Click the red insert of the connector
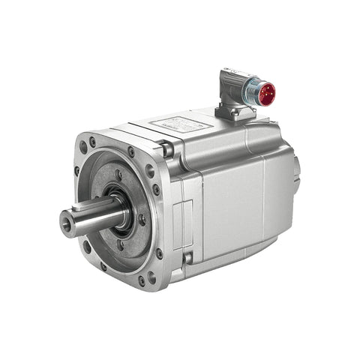(x=266, y=94)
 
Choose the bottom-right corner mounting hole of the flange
(x=142, y=282)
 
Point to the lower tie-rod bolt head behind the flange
(x=187, y=258)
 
